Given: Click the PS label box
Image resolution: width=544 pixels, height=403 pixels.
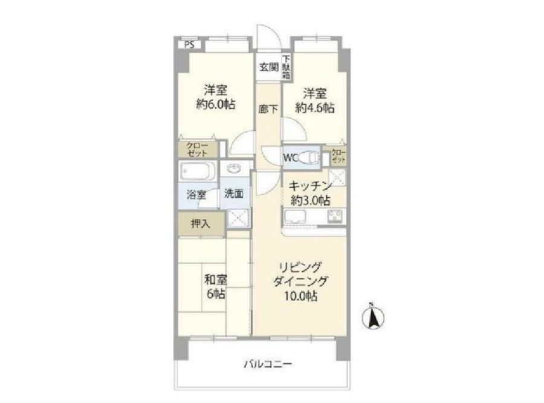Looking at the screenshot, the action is tap(189, 45).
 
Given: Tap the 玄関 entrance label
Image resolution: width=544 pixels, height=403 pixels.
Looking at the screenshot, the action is tap(269, 67).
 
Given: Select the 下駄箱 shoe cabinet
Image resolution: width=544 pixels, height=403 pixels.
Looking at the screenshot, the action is tap(287, 67).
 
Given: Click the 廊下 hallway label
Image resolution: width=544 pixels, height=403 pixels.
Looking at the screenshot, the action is tap(268, 109).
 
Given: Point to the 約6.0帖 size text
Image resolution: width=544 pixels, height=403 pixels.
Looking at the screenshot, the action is tap(215, 104).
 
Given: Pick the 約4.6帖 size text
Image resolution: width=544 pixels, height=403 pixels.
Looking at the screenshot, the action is tap(315, 108).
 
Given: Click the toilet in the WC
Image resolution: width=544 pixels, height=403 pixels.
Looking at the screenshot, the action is tap(309, 158).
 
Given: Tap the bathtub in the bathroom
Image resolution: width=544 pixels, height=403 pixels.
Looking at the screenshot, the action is tap(198, 171).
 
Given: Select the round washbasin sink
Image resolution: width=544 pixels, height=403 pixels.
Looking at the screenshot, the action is tap(235, 169).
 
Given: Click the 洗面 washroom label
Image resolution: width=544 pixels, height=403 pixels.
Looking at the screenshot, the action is tap(234, 194).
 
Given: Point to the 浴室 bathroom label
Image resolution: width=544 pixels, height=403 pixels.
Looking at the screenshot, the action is tap(196, 194).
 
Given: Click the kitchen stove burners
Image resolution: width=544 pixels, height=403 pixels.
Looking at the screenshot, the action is tap(335, 217).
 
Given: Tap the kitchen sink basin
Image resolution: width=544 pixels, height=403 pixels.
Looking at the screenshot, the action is tap(294, 217).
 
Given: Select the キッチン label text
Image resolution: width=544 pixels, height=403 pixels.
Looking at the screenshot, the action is tap(310, 186).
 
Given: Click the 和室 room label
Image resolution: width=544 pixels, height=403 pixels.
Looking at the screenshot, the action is tap(216, 280).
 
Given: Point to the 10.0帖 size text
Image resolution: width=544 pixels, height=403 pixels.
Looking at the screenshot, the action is tap(300, 296).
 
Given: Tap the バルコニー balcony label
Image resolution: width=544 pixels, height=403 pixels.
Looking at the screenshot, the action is tap(268, 364).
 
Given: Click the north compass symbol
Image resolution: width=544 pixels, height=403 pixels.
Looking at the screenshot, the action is tap(373, 316).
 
